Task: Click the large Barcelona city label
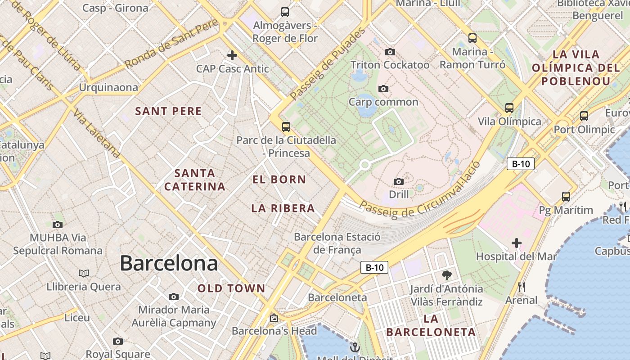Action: coord(169,263)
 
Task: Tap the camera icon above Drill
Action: coord(399,181)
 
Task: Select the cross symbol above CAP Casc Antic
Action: coord(232,55)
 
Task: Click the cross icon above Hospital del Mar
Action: coord(517,243)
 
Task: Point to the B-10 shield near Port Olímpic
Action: coord(521,164)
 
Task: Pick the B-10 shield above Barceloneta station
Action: coord(374,268)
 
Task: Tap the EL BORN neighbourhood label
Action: coord(279,180)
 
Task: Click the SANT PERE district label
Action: coord(168,111)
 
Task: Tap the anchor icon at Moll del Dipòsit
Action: coord(355,347)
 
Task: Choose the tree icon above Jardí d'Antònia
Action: coord(446,275)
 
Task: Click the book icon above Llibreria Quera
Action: coord(84,273)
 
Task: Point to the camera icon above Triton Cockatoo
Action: coord(390,52)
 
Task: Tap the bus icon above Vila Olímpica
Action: coord(509,108)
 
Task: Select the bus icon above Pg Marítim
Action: coord(566,197)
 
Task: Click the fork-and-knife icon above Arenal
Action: coord(521,287)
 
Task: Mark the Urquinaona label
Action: coord(108,87)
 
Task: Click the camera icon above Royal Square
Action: coord(118,342)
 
